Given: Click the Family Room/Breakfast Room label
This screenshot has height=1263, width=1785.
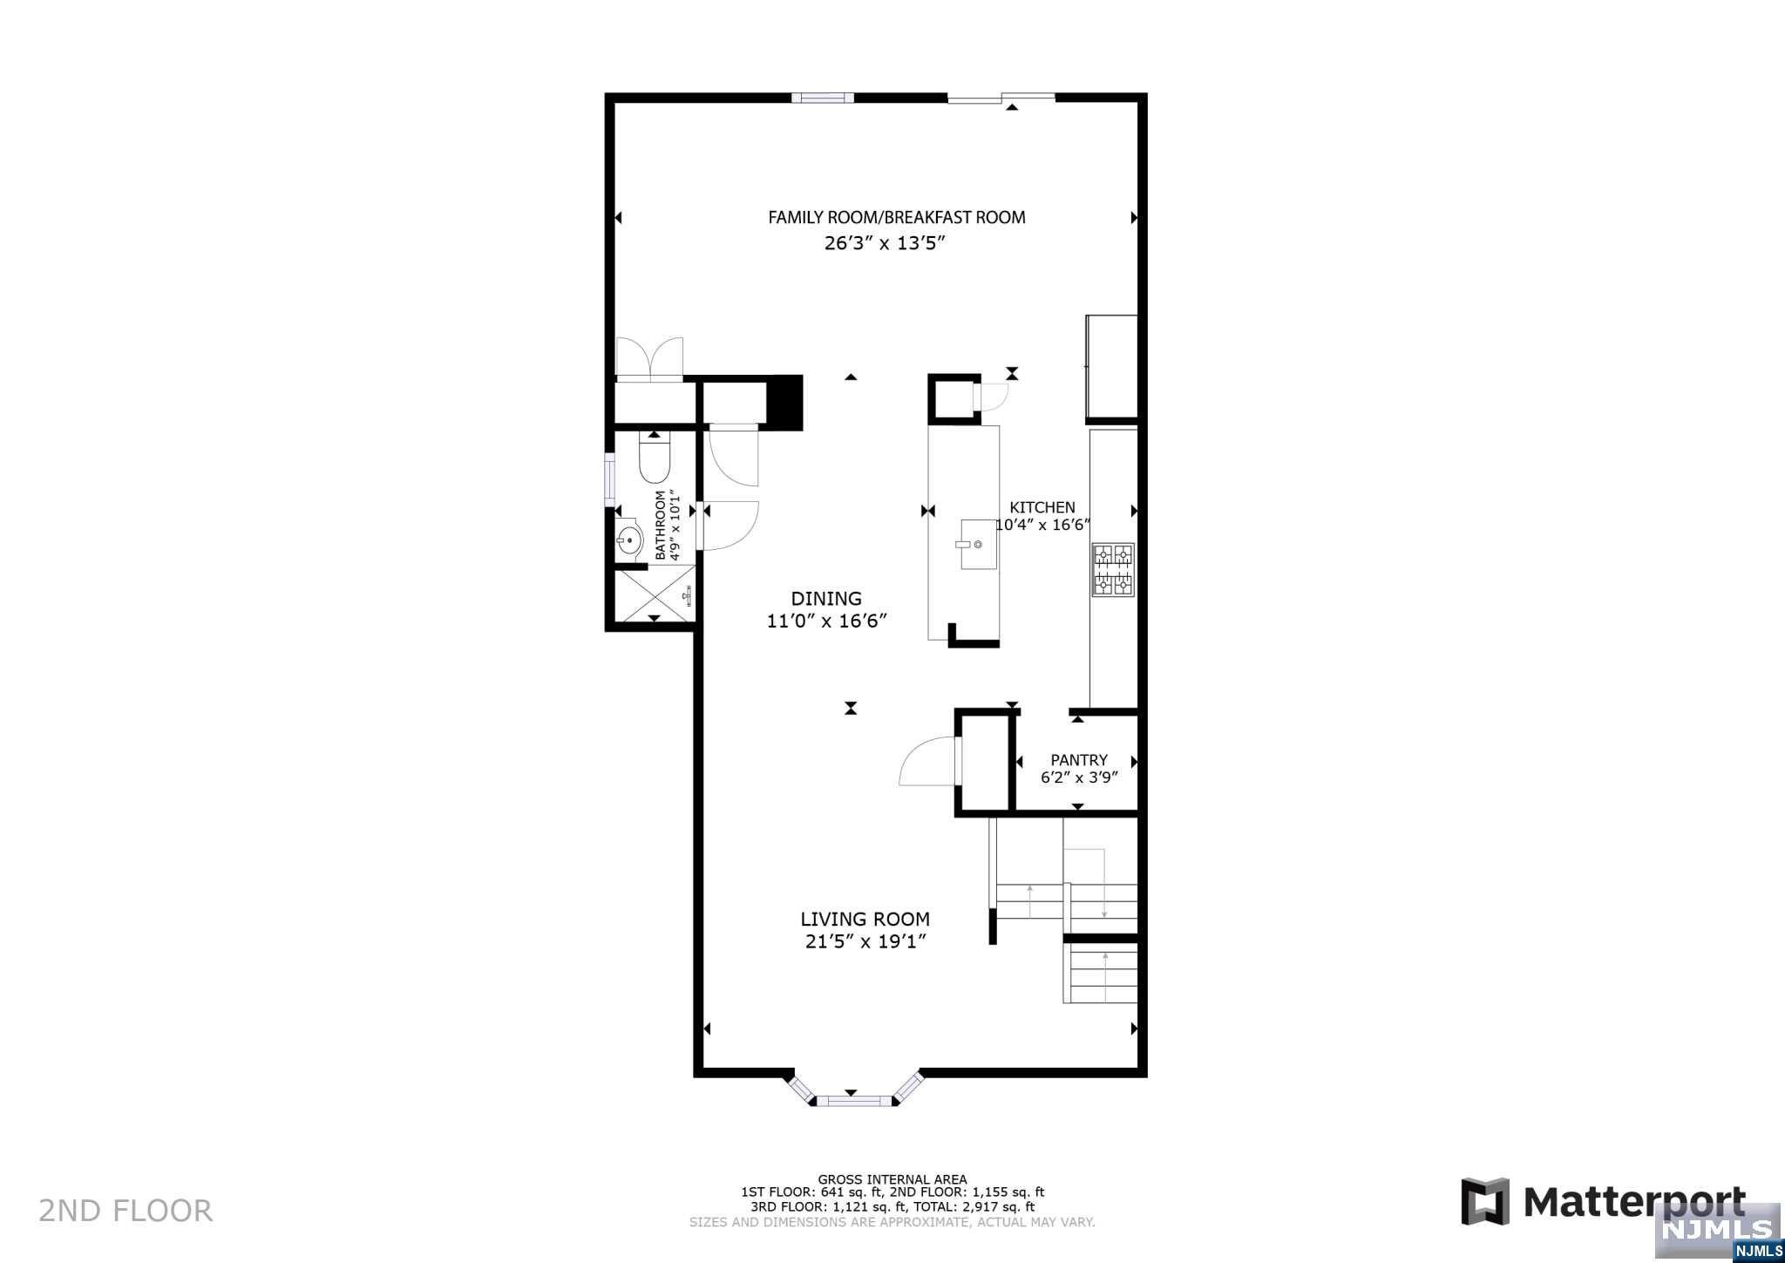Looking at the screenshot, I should [x=896, y=217].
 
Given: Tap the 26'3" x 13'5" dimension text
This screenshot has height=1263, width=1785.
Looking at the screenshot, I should [x=885, y=244].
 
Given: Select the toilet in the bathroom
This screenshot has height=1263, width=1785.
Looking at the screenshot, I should [x=654, y=460].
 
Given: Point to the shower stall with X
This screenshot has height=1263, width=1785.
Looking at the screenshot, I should [x=655, y=595].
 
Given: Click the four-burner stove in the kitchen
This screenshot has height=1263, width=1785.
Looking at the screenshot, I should [x=1113, y=570].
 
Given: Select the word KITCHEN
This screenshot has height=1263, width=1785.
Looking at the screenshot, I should [x=1042, y=507].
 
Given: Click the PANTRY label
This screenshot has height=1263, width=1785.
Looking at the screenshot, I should [x=1078, y=760].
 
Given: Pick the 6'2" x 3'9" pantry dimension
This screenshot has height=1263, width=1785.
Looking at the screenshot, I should [x=1078, y=777].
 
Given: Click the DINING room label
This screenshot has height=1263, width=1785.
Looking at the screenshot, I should [x=826, y=599].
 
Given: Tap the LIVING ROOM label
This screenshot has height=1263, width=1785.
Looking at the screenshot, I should [x=865, y=919].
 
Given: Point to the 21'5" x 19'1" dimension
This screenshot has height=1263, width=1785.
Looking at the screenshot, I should [x=865, y=941].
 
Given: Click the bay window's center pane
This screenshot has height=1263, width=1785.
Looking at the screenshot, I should [x=851, y=1102].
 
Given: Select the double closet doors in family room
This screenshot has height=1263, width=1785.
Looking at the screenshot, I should [x=649, y=359].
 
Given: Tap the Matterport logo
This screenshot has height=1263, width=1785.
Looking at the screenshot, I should [x=1604, y=1202].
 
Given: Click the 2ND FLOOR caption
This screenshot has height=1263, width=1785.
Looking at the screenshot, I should [x=126, y=1211].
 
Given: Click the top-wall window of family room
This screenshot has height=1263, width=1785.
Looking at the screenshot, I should [x=822, y=98].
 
